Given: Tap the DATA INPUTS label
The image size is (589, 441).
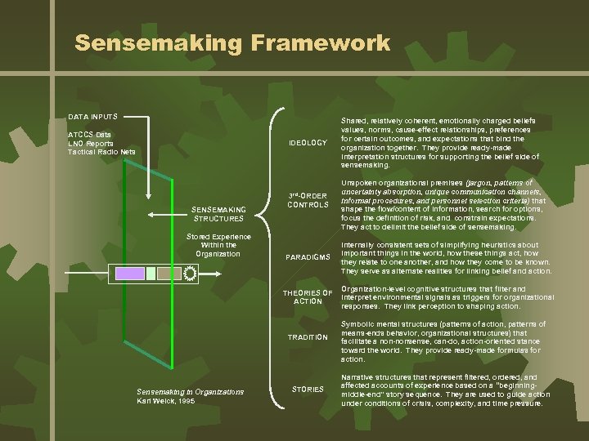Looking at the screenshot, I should (92, 117).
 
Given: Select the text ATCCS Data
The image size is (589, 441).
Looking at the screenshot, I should (90, 134).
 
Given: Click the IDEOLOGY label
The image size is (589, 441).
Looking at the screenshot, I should (308, 144).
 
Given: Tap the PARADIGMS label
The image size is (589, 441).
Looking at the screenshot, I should (308, 258).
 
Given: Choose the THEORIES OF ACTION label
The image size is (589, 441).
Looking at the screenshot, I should (308, 296).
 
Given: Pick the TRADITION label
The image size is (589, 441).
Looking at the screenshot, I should (308, 337).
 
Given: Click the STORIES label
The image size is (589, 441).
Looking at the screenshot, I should (308, 389).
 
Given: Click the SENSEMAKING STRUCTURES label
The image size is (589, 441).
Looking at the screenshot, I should (218, 214).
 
